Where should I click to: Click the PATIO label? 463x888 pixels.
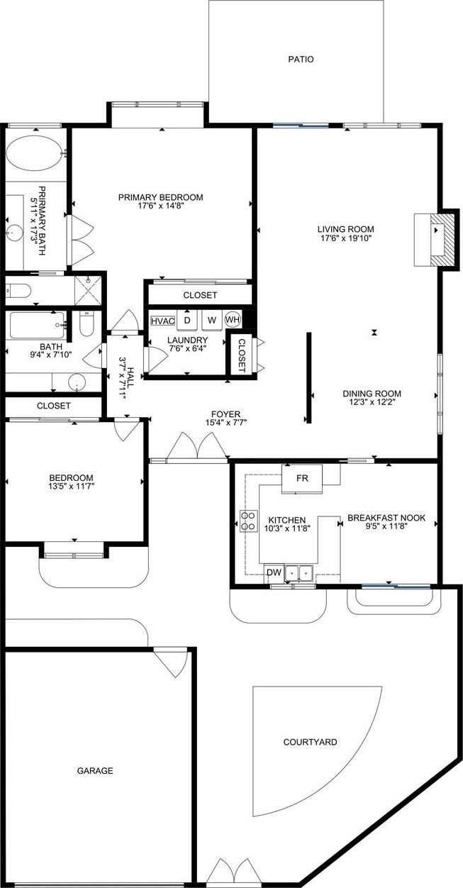point(301,60)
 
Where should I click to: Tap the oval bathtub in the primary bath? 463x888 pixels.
point(35,154)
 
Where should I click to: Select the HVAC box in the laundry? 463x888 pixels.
point(163,321)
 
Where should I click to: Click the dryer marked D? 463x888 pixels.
point(187,320)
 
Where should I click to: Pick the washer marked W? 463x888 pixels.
point(213,320)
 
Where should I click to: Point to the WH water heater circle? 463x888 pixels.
point(233,319)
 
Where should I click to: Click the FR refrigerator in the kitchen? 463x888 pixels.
point(302,479)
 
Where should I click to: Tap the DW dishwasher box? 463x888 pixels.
point(274,572)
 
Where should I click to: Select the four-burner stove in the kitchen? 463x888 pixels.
point(249,521)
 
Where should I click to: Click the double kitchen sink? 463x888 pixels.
point(299,572)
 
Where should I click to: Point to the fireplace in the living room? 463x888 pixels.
point(434,240)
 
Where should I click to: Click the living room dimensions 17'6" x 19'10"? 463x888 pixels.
point(346,238)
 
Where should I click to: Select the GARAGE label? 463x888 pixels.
point(95,771)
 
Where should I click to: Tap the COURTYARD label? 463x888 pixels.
point(310,742)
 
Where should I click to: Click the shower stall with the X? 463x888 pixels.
point(88,291)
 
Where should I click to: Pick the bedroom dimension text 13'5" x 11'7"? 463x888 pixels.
point(72,486)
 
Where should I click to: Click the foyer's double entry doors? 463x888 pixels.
point(197,446)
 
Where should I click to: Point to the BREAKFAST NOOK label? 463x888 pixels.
point(386,518)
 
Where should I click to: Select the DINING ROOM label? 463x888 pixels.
point(372,394)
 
